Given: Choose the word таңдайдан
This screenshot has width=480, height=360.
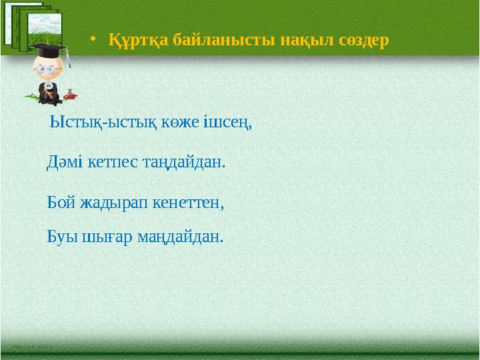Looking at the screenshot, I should pos(181,162).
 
